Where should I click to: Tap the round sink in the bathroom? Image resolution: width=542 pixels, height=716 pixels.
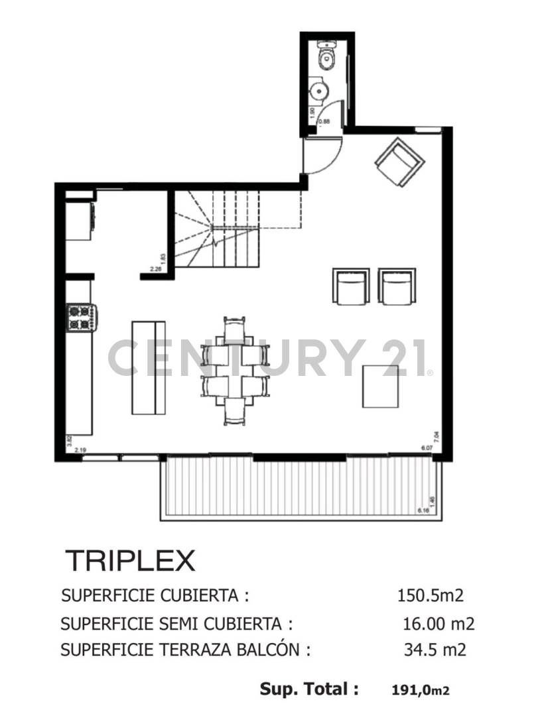tap(319, 91)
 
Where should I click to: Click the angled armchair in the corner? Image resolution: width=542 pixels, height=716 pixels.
tap(399, 163)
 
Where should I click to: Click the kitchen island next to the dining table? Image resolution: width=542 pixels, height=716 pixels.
tap(149, 367)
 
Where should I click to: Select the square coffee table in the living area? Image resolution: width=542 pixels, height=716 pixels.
tap(380, 386)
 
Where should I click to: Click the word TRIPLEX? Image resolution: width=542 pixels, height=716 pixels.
tap(130, 561)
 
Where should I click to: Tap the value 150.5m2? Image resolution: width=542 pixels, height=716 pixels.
tap(430, 595)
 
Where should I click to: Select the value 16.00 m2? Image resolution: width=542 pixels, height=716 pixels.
tap(439, 624)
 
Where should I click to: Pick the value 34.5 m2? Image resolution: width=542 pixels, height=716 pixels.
tap(435, 650)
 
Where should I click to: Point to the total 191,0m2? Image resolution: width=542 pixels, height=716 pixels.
tap(421, 690)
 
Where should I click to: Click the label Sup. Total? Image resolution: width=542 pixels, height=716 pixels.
tap(309, 689)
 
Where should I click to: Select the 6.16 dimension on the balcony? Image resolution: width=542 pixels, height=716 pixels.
tap(423, 510)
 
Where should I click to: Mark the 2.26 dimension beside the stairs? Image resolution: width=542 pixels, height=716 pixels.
tap(157, 269)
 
